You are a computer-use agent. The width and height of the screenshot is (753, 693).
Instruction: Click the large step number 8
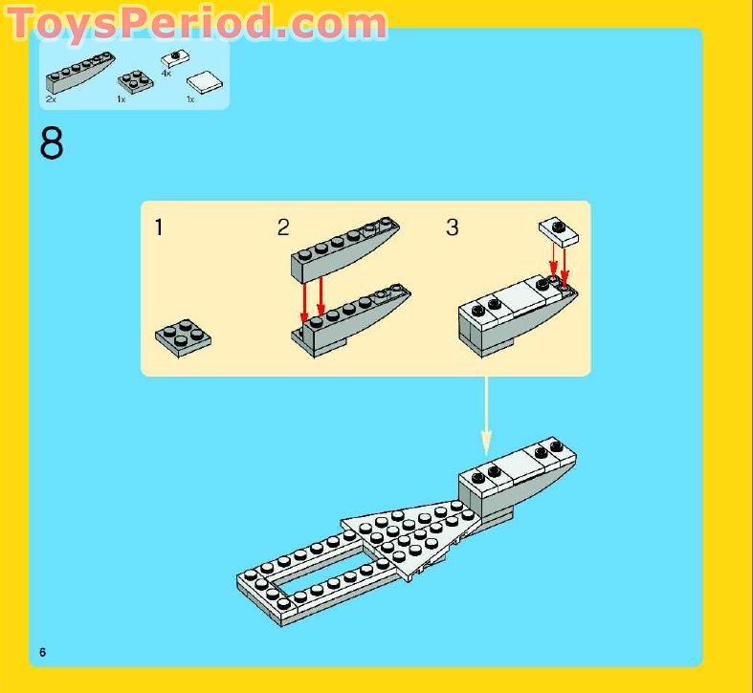pyautogui.click(x=52, y=143)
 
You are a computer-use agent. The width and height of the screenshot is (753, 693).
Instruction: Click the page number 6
pyautogui.click(x=43, y=652)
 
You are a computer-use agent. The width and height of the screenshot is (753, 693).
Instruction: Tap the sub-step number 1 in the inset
pyautogui.click(x=159, y=227)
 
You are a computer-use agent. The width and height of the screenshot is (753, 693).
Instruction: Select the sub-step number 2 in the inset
pyautogui.click(x=283, y=227)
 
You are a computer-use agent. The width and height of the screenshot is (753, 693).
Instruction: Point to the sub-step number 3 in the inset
pyautogui.click(x=453, y=227)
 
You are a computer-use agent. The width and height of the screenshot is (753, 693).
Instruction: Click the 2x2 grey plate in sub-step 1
pyautogui.click(x=183, y=336)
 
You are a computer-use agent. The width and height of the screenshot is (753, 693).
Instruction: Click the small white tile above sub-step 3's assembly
pyautogui.click(x=557, y=228)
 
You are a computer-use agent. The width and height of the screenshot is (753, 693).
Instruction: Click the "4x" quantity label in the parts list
pyautogui.click(x=166, y=73)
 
